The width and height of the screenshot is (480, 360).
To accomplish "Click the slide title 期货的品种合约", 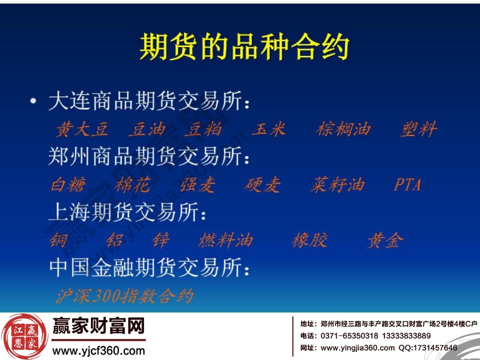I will click(x=243, y=47).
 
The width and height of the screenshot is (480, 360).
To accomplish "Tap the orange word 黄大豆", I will click(x=81, y=129).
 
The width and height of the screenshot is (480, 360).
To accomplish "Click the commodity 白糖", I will click(x=68, y=185).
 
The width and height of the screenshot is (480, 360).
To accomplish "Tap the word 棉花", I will click(x=132, y=185).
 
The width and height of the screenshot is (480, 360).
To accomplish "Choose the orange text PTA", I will click(x=407, y=185).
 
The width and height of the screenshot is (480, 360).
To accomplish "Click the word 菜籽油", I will click(x=337, y=185).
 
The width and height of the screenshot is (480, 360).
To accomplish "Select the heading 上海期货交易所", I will click(x=127, y=213).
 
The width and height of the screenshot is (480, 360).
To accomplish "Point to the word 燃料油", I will click(x=225, y=241).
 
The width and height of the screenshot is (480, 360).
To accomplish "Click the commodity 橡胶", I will click(x=310, y=241).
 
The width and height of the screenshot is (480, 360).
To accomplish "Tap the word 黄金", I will click(x=384, y=241).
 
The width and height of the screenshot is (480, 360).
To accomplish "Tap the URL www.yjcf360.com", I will click(x=98, y=351).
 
